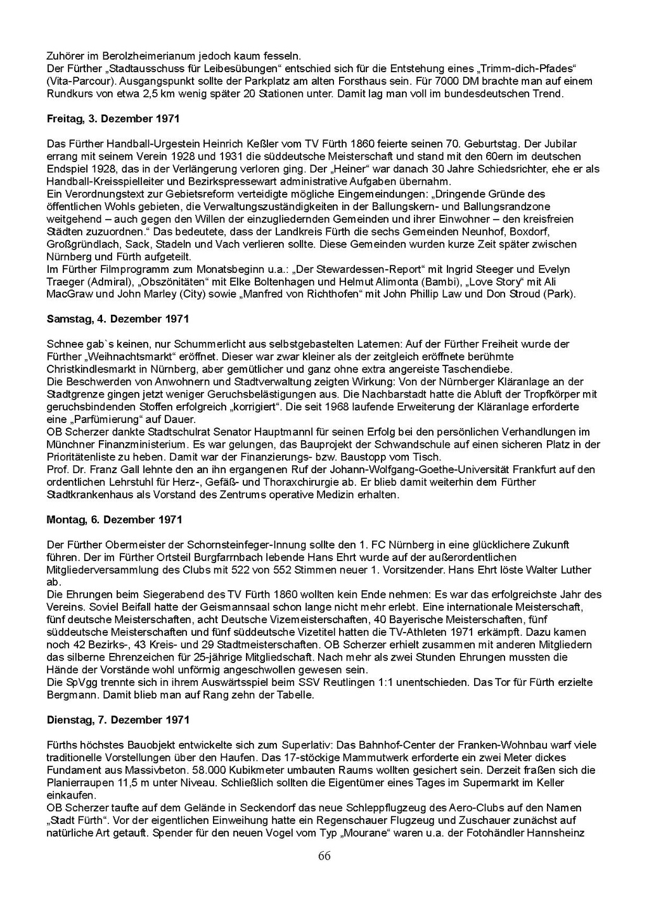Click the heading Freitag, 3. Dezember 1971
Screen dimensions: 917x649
(x=113, y=118)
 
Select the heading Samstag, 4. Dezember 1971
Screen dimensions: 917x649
(x=117, y=319)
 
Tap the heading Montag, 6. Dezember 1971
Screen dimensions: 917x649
(x=114, y=519)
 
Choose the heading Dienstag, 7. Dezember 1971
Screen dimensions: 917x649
(x=118, y=720)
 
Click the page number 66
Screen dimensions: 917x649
(x=324, y=856)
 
